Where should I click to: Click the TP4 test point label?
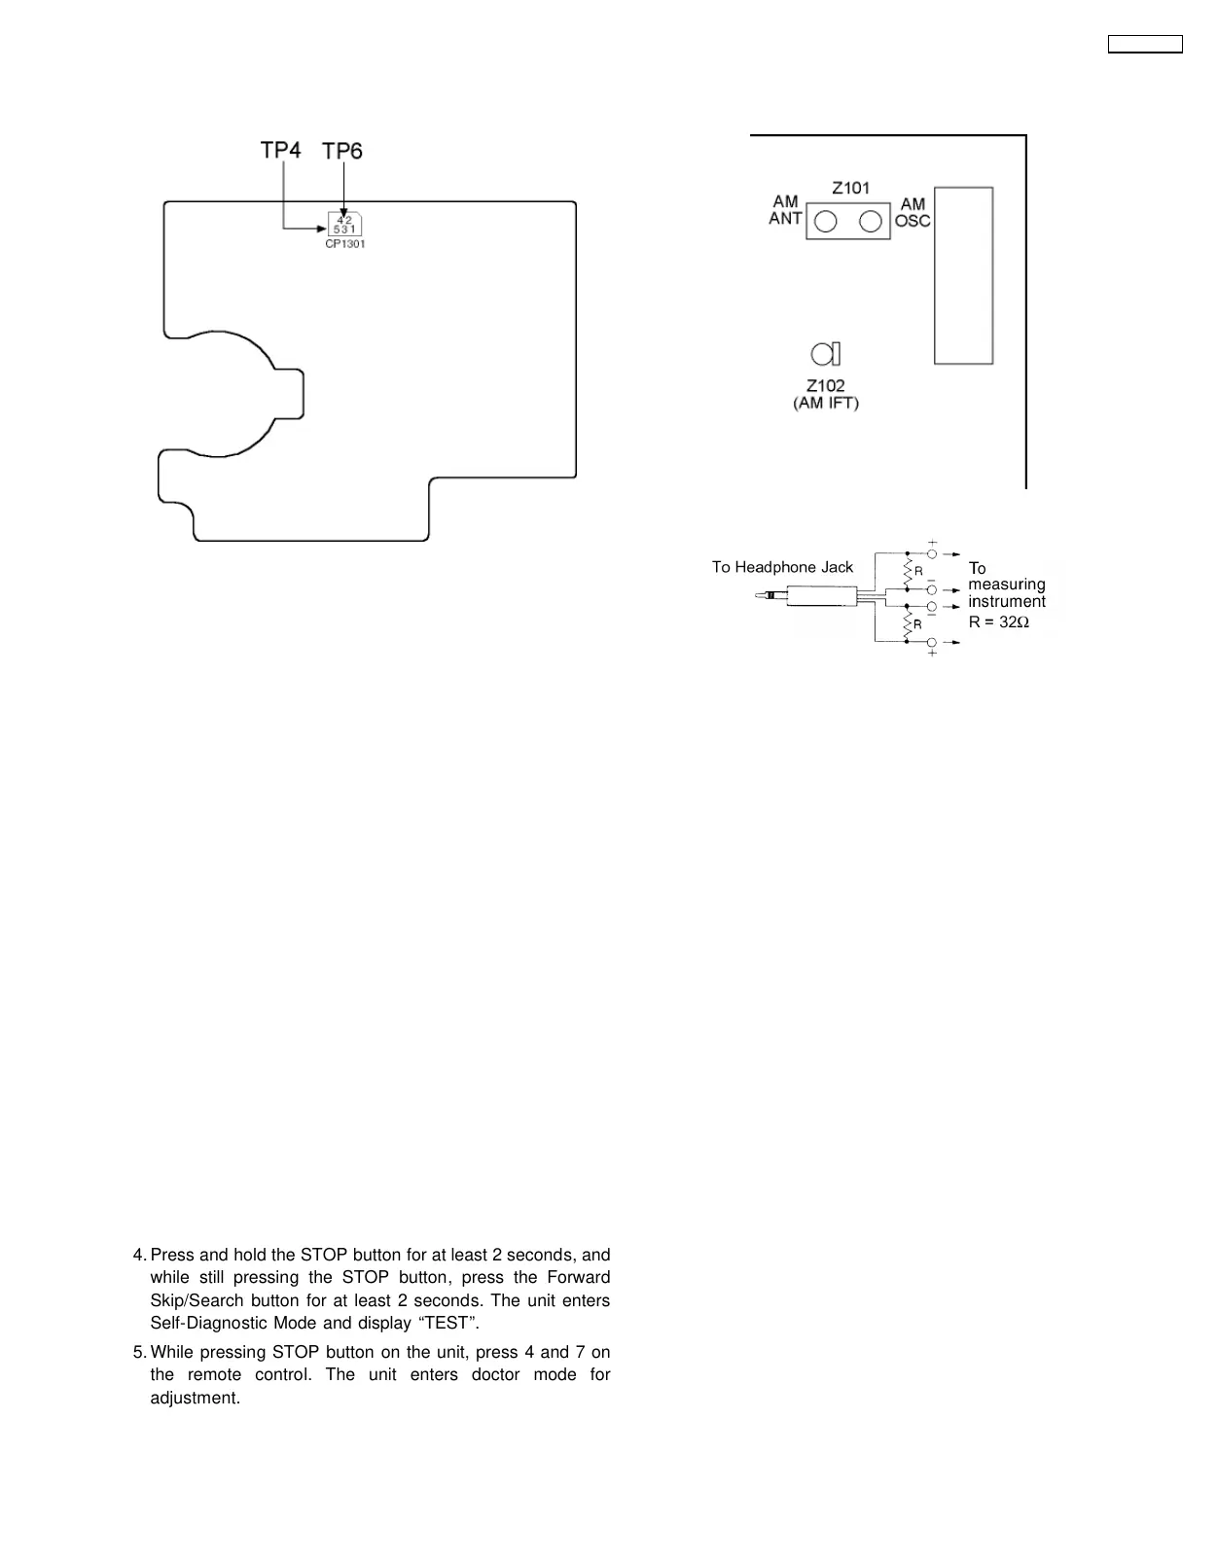280,150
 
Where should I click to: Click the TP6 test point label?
342,151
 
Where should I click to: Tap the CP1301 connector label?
345,244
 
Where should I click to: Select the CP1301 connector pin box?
344,224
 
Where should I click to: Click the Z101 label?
850,188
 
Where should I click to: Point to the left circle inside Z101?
825,222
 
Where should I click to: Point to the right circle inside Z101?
871,222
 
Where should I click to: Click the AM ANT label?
785,210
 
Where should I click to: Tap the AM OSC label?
913,212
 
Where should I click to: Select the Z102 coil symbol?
826,353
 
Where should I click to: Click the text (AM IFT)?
826,403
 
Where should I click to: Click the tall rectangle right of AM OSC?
963,275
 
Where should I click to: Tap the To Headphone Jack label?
782,567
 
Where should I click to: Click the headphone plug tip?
760,595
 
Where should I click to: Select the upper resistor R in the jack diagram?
908,571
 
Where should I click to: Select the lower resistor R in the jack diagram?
908,623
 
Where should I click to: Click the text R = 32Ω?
999,621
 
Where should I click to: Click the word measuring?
1007,585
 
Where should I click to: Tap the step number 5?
138,1352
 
